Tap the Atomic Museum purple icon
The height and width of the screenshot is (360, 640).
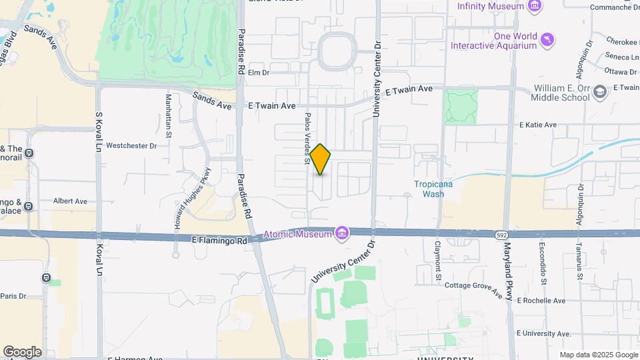pyautogui.click(x=342, y=233)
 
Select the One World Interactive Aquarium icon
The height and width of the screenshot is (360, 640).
pyautogui.click(x=547, y=40)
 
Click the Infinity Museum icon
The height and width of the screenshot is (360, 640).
pyautogui.click(x=533, y=6)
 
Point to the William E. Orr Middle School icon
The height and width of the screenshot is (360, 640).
pyautogui.click(x=600, y=92)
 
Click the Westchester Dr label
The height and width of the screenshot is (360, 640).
pyautogui.click(x=131, y=145)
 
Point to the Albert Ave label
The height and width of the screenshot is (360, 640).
pyautogui.click(x=71, y=201)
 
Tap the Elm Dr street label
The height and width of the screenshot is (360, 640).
pyautogui.click(x=258, y=73)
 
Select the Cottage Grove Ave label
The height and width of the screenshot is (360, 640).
pyautogui.click(x=473, y=288)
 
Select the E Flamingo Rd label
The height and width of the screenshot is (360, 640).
pyautogui.click(x=219, y=239)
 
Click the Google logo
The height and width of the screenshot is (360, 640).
pyautogui.click(x=22, y=352)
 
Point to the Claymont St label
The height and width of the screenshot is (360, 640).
pyautogui.click(x=439, y=259)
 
